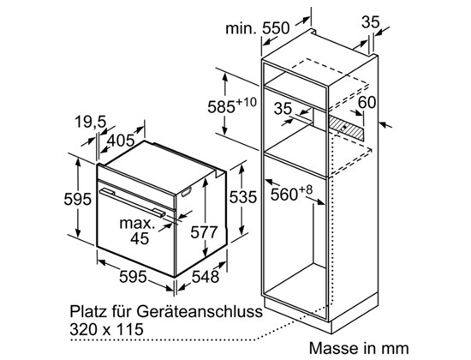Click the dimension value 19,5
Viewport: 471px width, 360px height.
point(91,122)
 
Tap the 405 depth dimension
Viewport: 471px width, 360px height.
point(121,141)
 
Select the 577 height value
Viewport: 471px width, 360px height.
point(204,232)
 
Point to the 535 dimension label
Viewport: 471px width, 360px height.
point(243,197)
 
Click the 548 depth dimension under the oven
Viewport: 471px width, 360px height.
point(206,276)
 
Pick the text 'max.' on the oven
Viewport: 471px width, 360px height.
point(137,224)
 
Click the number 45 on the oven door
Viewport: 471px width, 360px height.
point(140,238)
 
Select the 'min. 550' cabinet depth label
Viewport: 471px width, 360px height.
point(258,28)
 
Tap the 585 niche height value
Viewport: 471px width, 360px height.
point(221,106)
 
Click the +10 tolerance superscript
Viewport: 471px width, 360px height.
point(247,102)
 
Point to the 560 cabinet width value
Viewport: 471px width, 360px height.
point(283,195)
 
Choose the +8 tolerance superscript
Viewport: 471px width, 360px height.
point(306,189)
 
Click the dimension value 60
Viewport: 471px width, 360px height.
point(367,102)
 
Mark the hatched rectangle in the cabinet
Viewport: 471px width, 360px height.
point(346,128)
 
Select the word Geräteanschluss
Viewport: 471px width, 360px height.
point(200,311)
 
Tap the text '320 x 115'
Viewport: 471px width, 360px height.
point(106,329)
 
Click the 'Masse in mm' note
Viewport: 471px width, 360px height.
point(359,348)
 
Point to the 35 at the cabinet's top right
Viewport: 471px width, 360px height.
point(370,21)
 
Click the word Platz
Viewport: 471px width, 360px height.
point(87,311)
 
